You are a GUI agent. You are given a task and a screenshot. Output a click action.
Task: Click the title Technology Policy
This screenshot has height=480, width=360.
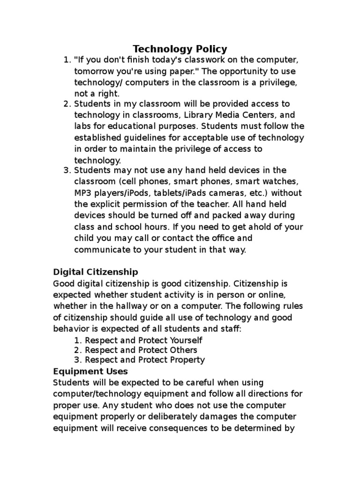(180, 49)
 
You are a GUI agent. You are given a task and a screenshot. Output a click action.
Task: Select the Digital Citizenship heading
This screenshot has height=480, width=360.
(96, 272)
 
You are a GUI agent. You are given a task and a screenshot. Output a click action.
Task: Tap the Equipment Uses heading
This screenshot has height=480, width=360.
(90, 371)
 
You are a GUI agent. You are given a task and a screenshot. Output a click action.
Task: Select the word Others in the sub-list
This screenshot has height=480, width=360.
(182, 350)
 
